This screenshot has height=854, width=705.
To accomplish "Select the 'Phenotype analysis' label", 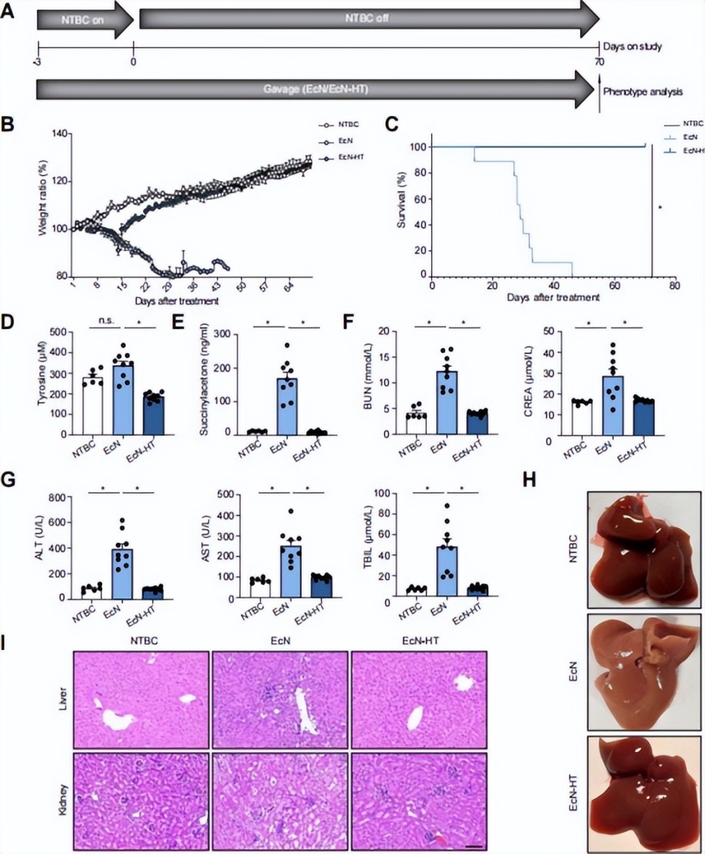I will click(643, 93).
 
